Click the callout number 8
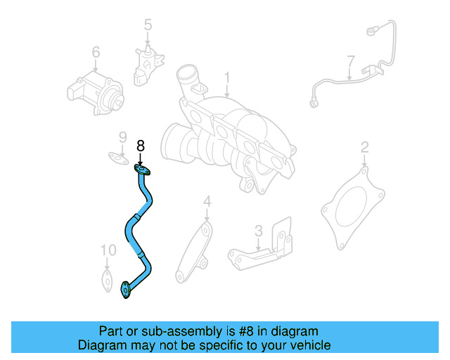click(x=141, y=146)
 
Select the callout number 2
click(x=364, y=147)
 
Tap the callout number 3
click(x=258, y=230)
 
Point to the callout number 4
click(x=207, y=202)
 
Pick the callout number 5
click(x=148, y=26)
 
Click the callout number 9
click(x=122, y=137)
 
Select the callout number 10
click(x=107, y=250)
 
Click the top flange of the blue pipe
click(x=143, y=169)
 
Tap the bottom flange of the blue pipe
click(x=127, y=288)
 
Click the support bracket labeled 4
click(x=193, y=253)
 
